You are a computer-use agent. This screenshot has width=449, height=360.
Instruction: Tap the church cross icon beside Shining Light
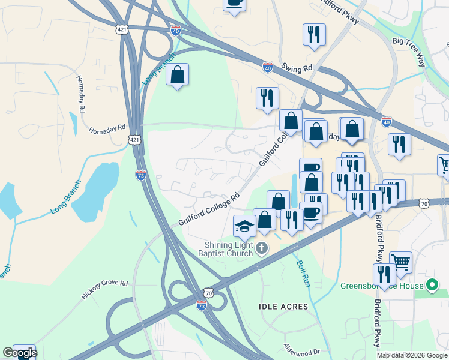pyautogui.click(x=262, y=248)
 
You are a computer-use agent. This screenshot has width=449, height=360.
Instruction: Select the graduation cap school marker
pyautogui.click(x=244, y=226)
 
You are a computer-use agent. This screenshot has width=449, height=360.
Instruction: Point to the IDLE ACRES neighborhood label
pyautogui.click(x=283, y=307)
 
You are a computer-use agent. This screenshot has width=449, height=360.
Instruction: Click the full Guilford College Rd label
pyautogui.click(x=208, y=209)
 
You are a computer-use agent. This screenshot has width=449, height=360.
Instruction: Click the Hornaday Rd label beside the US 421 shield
pyautogui.click(x=107, y=128)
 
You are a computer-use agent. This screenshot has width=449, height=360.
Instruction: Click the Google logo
pyautogui.click(x=19, y=353)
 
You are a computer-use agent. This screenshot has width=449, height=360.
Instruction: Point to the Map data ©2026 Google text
pyautogui.click(x=412, y=355)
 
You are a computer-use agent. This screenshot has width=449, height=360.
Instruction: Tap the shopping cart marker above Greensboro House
pyautogui.click(x=400, y=262)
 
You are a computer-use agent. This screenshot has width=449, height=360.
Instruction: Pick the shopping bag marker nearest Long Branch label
pyautogui.click(x=178, y=75)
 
